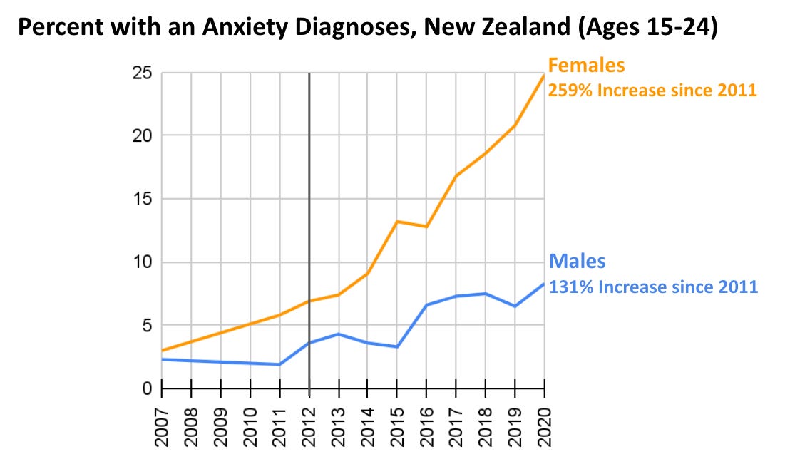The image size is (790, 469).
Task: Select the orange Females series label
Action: click(x=586, y=66)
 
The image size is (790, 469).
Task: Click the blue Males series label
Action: click(x=576, y=261)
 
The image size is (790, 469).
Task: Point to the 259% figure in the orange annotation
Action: click(x=568, y=91)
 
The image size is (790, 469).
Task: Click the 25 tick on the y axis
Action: click(x=143, y=73)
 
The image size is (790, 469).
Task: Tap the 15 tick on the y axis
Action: click(x=143, y=199)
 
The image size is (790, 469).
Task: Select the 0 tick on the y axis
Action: click(x=147, y=389)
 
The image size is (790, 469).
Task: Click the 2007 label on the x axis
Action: click(x=163, y=427)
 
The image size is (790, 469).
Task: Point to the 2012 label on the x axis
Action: click(x=309, y=427)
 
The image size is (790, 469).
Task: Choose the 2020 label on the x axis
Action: click(x=545, y=427)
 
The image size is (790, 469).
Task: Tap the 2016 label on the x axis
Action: click(x=427, y=427)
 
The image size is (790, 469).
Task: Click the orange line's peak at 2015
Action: click(x=397, y=221)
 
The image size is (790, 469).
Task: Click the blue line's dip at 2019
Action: click(x=515, y=306)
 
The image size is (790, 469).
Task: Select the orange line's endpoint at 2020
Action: click(x=544, y=75)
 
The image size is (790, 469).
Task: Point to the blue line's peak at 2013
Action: click(x=339, y=334)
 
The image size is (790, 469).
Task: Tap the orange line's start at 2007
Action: click(x=163, y=351)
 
